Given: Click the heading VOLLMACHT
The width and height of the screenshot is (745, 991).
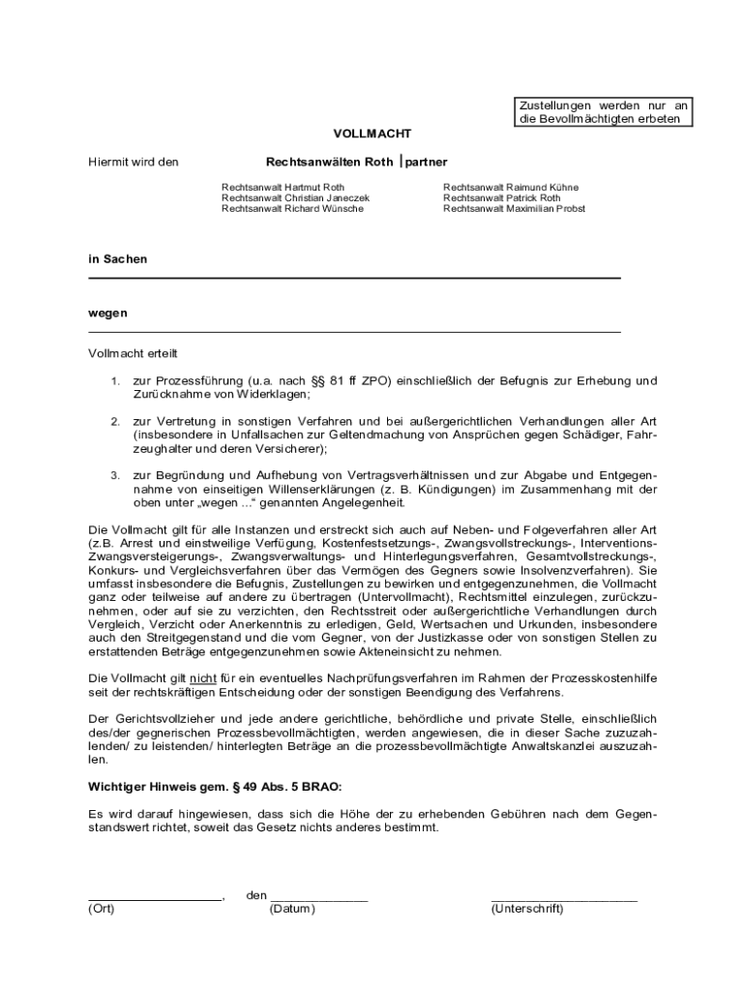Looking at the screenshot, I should click(372, 134).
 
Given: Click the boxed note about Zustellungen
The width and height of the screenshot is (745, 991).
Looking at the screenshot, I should click(603, 112).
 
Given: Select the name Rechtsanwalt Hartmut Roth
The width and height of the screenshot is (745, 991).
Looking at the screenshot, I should click(283, 187).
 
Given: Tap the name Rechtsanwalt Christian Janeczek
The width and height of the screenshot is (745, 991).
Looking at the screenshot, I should click(295, 197).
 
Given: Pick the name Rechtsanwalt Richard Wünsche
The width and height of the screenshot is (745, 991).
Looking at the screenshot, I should click(292, 208).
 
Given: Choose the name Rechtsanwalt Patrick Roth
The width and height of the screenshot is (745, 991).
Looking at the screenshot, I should click(501, 197).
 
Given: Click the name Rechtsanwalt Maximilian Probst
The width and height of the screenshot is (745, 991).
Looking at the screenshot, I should click(514, 208).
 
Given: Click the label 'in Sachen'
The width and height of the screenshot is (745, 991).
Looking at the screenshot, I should click(118, 259).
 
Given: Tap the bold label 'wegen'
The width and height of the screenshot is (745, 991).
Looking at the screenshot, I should click(107, 314).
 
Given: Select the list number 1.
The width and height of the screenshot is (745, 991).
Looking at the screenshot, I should click(114, 380).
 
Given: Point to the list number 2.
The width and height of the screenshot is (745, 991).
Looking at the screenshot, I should click(114, 422).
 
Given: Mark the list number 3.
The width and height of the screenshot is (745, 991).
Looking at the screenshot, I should click(114, 475).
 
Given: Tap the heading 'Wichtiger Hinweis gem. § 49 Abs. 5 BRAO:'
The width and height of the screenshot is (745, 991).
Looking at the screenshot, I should click(215, 787).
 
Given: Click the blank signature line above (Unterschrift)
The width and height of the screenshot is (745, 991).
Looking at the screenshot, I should click(564, 897).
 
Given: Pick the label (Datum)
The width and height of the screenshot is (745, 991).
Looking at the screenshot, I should click(293, 910).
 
